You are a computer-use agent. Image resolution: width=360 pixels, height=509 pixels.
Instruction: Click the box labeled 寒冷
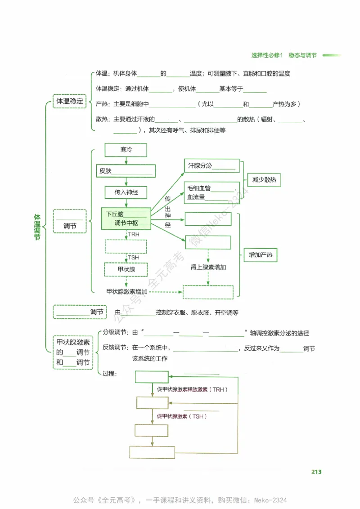click(x=126, y=150)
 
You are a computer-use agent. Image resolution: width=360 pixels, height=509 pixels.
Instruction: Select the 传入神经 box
click(x=126, y=192)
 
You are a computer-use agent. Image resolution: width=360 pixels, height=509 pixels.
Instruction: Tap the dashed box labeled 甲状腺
click(x=126, y=269)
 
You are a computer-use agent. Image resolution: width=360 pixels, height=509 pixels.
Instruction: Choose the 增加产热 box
click(x=260, y=255)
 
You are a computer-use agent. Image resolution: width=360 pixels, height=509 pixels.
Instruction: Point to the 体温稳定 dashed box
click(x=69, y=102)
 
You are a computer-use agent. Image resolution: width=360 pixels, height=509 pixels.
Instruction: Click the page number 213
click(x=316, y=472)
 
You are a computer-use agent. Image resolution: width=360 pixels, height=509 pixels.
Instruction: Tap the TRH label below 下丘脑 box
click(x=134, y=235)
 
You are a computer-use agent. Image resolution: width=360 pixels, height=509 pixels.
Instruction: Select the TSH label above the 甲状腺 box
click(x=134, y=258)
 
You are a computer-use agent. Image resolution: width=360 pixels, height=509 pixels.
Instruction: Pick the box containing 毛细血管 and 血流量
click(x=211, y=192)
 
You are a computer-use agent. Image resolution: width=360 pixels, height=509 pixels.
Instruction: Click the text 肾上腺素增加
click(x=208, y=267)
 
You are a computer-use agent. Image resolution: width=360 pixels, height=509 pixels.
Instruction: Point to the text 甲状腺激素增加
click(x=127, y=291)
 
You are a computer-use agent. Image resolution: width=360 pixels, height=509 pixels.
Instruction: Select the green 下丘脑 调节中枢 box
click(x=126, y=219)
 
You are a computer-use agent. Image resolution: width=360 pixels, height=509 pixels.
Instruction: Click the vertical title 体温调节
click(x=37, y=227)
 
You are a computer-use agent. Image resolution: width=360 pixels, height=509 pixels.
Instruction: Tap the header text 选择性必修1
click(x=266, y=55)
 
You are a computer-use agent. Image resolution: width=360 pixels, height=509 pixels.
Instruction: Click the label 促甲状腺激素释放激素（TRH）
click(x=192, y=389)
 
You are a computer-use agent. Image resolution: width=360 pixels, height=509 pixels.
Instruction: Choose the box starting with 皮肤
click(x=126, y=171)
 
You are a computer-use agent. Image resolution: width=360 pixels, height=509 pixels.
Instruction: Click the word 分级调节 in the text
click(x=115, y=333)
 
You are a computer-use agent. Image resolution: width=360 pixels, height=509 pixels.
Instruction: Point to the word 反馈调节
click(x=115, y=348)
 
